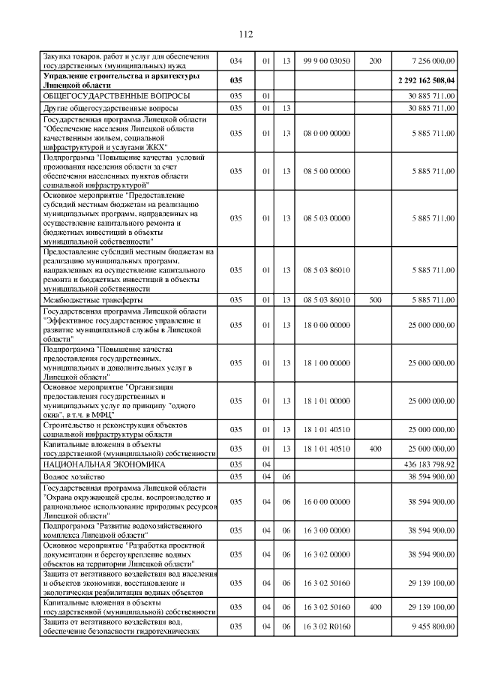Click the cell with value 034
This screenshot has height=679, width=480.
coord(236,61)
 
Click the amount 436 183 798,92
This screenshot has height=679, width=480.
coord(427,465)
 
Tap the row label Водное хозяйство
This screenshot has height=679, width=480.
coord(74,476)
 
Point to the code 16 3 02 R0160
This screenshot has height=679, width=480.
coord(326,626)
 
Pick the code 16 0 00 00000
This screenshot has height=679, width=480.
coord(326,502)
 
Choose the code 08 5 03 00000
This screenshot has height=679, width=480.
coord(326,218)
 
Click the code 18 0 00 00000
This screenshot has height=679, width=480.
coord(326,325)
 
